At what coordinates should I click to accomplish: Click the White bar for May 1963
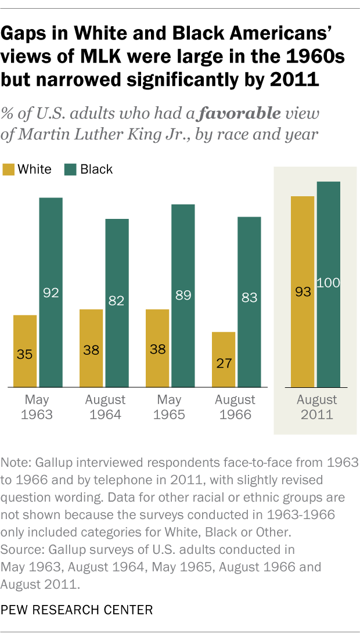25,351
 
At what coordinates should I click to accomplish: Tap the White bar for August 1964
91,348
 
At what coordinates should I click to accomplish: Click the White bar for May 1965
157,348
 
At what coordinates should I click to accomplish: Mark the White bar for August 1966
224,359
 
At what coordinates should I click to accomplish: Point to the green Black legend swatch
70,170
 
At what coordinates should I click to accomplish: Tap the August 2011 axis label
316,408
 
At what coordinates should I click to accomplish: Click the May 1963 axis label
38,408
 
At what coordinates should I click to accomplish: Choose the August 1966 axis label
235,408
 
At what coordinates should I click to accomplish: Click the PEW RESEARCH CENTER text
77,610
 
